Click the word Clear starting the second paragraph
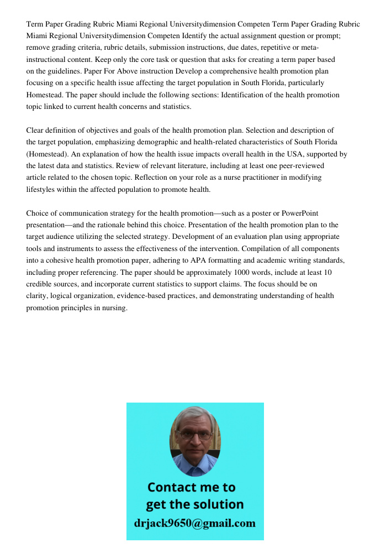pyautogui.click(x=35, y=131)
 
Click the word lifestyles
pyautogui.click(x=41, y=190)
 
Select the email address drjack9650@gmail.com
pyautogui.click(x=195, y=523)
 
